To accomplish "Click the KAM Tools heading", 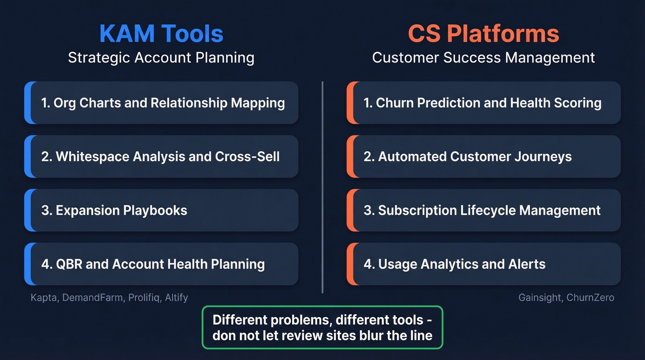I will point(161,34).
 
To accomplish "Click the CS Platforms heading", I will point(483,34).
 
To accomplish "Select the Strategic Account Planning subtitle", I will point(161,58).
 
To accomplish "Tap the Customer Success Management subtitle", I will point(483,58).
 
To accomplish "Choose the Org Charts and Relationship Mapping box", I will point(161,103).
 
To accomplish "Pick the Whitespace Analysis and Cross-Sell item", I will point(161,157).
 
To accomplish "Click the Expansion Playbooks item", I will point(161,211).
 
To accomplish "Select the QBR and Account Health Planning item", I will point(161,264).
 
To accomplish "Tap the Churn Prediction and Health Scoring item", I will point(483,103).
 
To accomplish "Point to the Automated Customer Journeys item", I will point(483,157).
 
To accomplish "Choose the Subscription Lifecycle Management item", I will point(483,211).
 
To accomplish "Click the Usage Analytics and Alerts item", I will point(483,264).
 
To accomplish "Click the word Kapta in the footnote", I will point(44,298).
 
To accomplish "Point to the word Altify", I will point(176,298).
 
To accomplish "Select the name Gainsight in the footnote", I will point(538,298).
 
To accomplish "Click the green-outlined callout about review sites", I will point(322,327).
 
